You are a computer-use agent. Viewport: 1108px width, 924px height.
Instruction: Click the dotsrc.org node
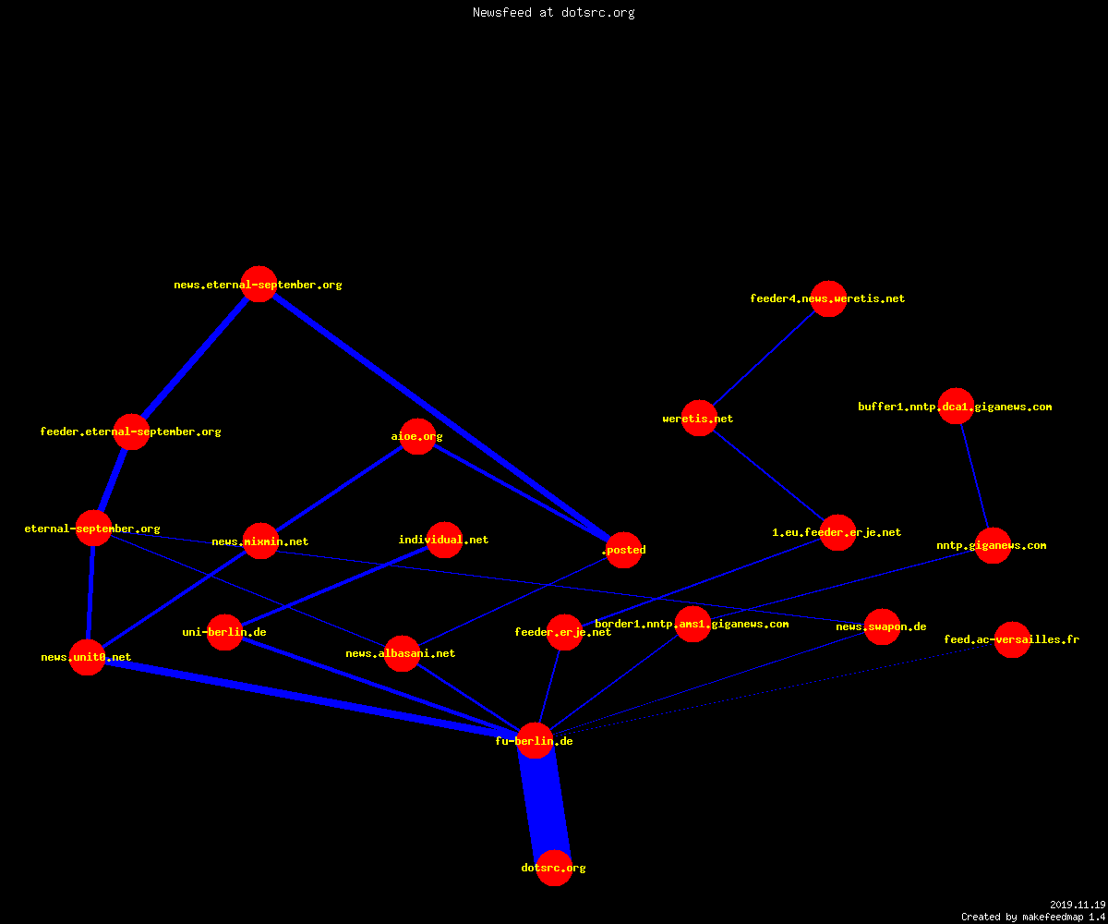(x=554, y=868)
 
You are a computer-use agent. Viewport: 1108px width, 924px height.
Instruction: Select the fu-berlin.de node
(x=535, y=740)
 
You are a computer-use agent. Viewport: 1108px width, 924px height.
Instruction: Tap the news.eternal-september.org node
(x=259, y=284)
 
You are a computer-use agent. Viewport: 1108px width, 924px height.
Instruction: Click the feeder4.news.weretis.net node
(x=828, y=298)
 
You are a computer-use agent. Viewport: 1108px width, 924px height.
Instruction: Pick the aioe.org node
(x=417, y=436)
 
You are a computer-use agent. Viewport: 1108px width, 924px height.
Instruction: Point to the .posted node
(x=623, y=550)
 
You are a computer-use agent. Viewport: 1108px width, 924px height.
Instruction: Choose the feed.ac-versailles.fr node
(x=1013, y=639)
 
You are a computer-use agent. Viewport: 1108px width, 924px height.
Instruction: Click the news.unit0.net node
(x=87, y=657)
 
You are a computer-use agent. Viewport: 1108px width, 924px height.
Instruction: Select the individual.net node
(x=444, y=540)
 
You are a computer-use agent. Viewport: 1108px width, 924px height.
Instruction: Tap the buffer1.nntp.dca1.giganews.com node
(x=956, y=407)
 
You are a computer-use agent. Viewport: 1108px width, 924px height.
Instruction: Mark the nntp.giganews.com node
(x=993, y=545)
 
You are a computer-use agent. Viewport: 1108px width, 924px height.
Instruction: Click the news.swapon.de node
(x=882, y=626)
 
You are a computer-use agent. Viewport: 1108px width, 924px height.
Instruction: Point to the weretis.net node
(x=699, y=418)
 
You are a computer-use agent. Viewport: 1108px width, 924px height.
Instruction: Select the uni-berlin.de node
(x=224, y=632)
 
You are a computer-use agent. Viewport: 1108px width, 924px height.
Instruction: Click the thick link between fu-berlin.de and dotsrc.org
(x=545, y=804)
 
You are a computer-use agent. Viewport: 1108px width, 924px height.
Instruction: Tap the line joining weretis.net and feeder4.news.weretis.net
(x=764, y=359)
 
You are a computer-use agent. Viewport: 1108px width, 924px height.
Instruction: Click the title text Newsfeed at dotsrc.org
(x=553, y=12)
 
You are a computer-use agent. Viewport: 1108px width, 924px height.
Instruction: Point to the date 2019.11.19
(x=1078, y=905)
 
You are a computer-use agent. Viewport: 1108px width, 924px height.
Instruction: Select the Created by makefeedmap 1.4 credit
(x=1033, y=918)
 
